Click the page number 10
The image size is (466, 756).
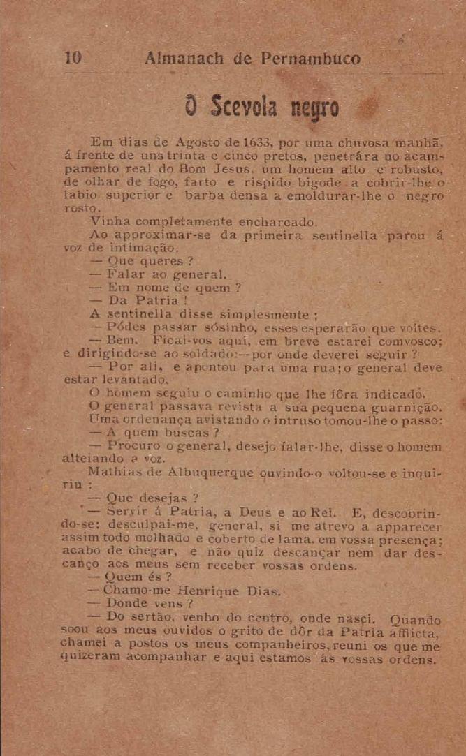(73, 58)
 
